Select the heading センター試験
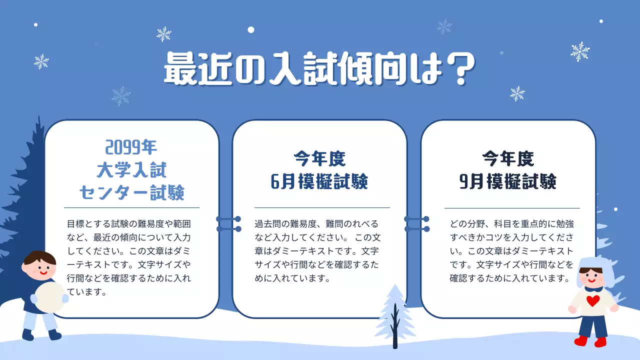click(x=131, y=192)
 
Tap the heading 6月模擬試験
click(x=319, y=182)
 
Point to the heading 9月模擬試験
click(x=507, y=182)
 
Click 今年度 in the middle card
click(x=319, y=159)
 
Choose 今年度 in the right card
click(x=507, y=159)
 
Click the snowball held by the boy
click(x=49, y=297)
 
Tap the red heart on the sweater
click(x=592, y=301)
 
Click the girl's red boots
click(x=590, y=342)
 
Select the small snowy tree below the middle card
click(x=395, y=315)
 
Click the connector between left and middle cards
click(x=228, y=223)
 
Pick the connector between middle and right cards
click(x=416, y=223)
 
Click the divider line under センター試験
click(x=131, y=207)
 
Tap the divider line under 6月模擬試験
click(x=322, y=207)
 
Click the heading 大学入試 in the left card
click(x=131, y=170)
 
